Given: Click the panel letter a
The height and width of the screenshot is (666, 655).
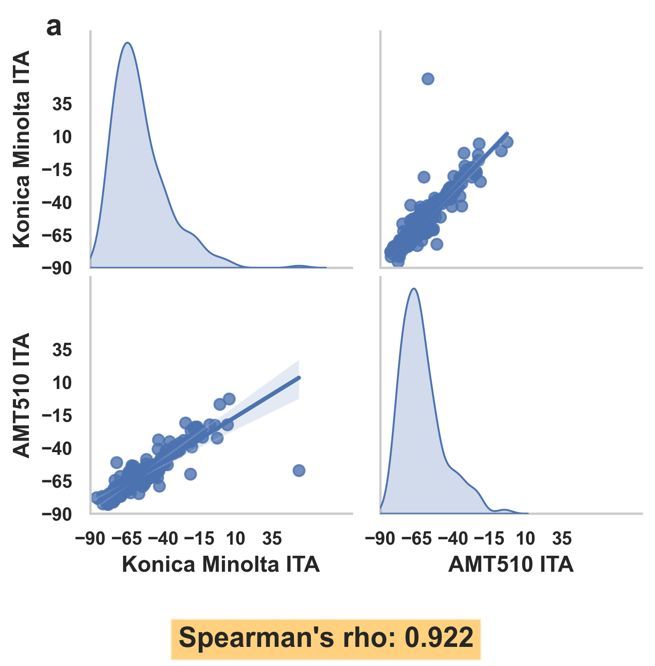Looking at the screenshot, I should pos(54,28).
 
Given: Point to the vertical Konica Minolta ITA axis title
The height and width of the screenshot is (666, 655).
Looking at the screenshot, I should pos(21,149).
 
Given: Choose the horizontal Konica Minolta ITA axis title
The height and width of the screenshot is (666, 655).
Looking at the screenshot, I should pos(221,564).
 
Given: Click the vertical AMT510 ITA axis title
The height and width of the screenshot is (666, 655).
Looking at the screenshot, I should pos(21,395).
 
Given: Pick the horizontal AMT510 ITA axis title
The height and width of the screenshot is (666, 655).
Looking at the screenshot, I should pos(511,564).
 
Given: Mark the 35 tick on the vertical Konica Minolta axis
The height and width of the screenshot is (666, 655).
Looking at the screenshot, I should pos(62,104).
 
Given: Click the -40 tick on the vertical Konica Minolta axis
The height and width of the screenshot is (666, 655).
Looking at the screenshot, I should pos(57,203).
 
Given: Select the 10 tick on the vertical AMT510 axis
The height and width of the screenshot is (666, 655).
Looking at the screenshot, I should pos(62,383).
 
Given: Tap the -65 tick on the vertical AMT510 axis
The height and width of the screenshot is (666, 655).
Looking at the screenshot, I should pos(57,481).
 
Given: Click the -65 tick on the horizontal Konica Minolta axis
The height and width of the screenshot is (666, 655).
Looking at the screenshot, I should pos(127,538).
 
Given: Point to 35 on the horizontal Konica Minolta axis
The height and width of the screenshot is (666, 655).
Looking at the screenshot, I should pos(272,538).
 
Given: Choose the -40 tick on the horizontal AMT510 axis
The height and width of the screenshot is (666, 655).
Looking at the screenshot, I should pos(453,538).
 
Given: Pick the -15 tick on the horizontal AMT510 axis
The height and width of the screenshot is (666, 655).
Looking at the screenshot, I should pos(489,538).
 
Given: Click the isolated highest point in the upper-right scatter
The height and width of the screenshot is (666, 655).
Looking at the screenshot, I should pos(428,79).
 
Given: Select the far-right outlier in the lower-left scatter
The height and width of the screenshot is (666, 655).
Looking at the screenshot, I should pos(299,470).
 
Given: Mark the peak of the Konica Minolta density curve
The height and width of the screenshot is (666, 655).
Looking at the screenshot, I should pos(128,43).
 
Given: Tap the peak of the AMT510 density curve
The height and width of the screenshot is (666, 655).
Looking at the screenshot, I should pos(414,289).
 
